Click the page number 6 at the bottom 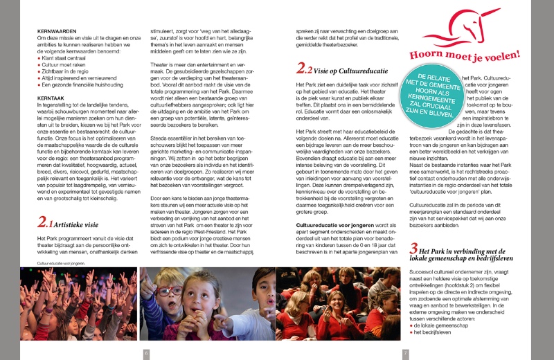(x=146, y=353)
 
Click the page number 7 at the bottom (x=406, y=353)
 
